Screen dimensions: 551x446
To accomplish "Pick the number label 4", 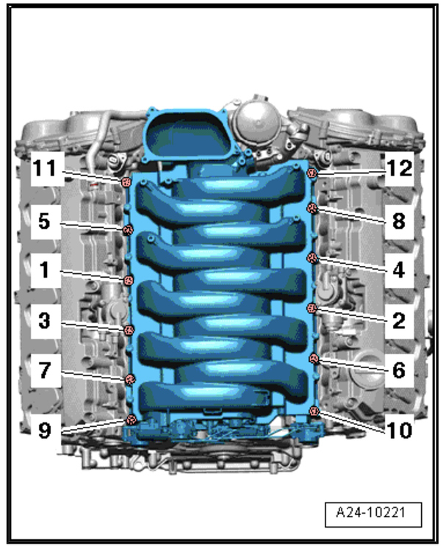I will click(x=399, y=270).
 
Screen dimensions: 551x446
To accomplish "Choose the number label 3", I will click(x=46, y=321).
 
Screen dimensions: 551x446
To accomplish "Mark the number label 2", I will click(x=399, y=321).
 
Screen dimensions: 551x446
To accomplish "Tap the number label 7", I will click(x=46, y=371).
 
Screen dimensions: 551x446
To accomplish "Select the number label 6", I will click(x=399, y=371).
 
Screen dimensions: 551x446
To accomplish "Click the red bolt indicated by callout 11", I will click(x=126, y=182).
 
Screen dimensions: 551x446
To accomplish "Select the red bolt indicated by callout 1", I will click(x=127, y=280).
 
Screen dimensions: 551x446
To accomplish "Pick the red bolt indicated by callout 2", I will click(x=312, y=308).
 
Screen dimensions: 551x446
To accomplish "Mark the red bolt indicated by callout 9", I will click(x=131, y=419).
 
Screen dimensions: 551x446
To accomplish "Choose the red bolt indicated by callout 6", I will click(x=314, y=359).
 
